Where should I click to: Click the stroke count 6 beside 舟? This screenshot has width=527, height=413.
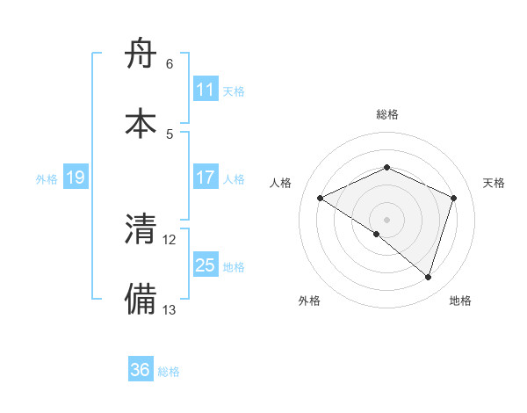(169, 64)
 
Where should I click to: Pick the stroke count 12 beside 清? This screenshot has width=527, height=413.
(170, 239)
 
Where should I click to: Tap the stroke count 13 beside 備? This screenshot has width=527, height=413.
(170, 309)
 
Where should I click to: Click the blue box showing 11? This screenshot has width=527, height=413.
(206, 90)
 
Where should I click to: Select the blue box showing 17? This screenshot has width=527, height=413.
(206, 178)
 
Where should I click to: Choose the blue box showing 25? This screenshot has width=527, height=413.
(206, 265)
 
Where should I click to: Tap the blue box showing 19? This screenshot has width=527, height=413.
(76, 178)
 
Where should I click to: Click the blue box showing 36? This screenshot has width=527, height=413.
(141, 370)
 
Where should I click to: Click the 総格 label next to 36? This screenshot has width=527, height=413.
(169, 372)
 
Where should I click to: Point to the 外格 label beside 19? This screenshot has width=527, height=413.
(47, 179)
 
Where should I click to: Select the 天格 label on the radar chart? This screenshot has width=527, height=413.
(494, 183)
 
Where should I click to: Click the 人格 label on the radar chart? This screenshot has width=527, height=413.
(281, 183)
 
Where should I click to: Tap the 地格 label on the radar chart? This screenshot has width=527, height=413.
(460, 301)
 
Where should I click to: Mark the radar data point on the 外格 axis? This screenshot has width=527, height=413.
(377, 234)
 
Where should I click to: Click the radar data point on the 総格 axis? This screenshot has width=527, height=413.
(386, 167)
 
